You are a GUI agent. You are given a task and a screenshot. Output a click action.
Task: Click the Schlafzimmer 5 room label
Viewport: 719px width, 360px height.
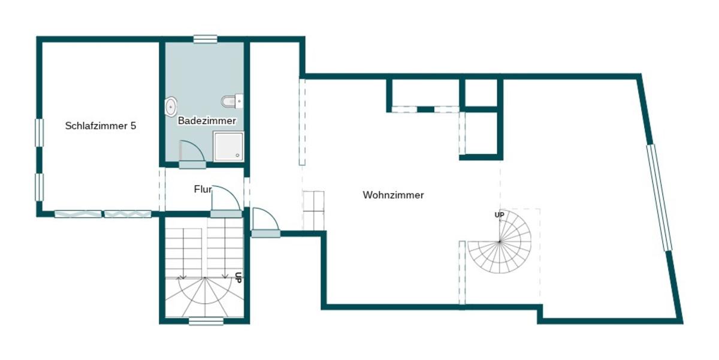[101, 126]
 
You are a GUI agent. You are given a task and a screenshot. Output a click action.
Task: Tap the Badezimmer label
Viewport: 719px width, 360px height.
[207, 121]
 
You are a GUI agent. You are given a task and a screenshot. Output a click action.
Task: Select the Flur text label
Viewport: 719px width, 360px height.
[203, 189]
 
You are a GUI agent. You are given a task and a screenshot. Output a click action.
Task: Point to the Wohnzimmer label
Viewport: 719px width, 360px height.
[393, 195]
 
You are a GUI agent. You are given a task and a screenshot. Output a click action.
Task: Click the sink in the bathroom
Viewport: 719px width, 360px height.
[171, 106]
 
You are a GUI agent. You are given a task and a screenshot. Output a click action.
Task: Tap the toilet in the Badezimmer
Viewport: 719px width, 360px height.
[232, 101]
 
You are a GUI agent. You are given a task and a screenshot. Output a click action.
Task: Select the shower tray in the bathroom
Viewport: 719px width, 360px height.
[228, 146]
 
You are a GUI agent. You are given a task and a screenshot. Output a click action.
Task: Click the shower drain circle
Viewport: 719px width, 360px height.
[237, 155]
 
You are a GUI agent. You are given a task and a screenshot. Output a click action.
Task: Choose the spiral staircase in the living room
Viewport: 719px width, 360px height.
[500, 241]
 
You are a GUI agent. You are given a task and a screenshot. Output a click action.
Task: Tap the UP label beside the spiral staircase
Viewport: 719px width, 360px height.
[499, 214]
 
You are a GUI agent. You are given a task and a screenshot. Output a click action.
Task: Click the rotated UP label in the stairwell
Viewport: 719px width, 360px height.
[238, 277]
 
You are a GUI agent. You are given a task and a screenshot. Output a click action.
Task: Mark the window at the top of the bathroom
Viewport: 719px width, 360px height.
[206, 39]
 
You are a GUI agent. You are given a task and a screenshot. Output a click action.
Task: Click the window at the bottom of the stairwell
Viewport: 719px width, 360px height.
[206, 321]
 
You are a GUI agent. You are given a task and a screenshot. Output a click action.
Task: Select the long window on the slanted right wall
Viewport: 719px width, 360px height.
[660, 197]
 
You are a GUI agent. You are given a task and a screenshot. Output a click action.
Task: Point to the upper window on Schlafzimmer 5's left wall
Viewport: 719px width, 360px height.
[39, 133]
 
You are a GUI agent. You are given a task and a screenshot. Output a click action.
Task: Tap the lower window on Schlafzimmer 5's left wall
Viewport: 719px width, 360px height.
[39, 187]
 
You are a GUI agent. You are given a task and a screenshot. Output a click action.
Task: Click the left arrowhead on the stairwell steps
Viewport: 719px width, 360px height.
[183, 276]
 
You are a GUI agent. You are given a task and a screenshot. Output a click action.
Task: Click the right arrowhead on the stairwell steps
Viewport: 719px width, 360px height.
[225, 276]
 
